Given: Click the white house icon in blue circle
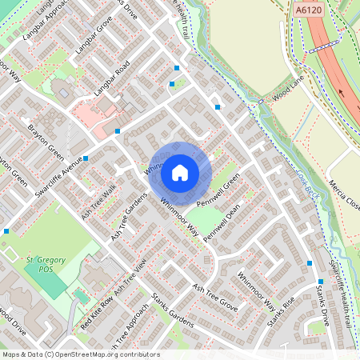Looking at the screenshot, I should click(180, 172).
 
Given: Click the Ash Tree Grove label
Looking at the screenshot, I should click(217, 297).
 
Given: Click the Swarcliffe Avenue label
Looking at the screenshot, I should click(54, 167).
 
